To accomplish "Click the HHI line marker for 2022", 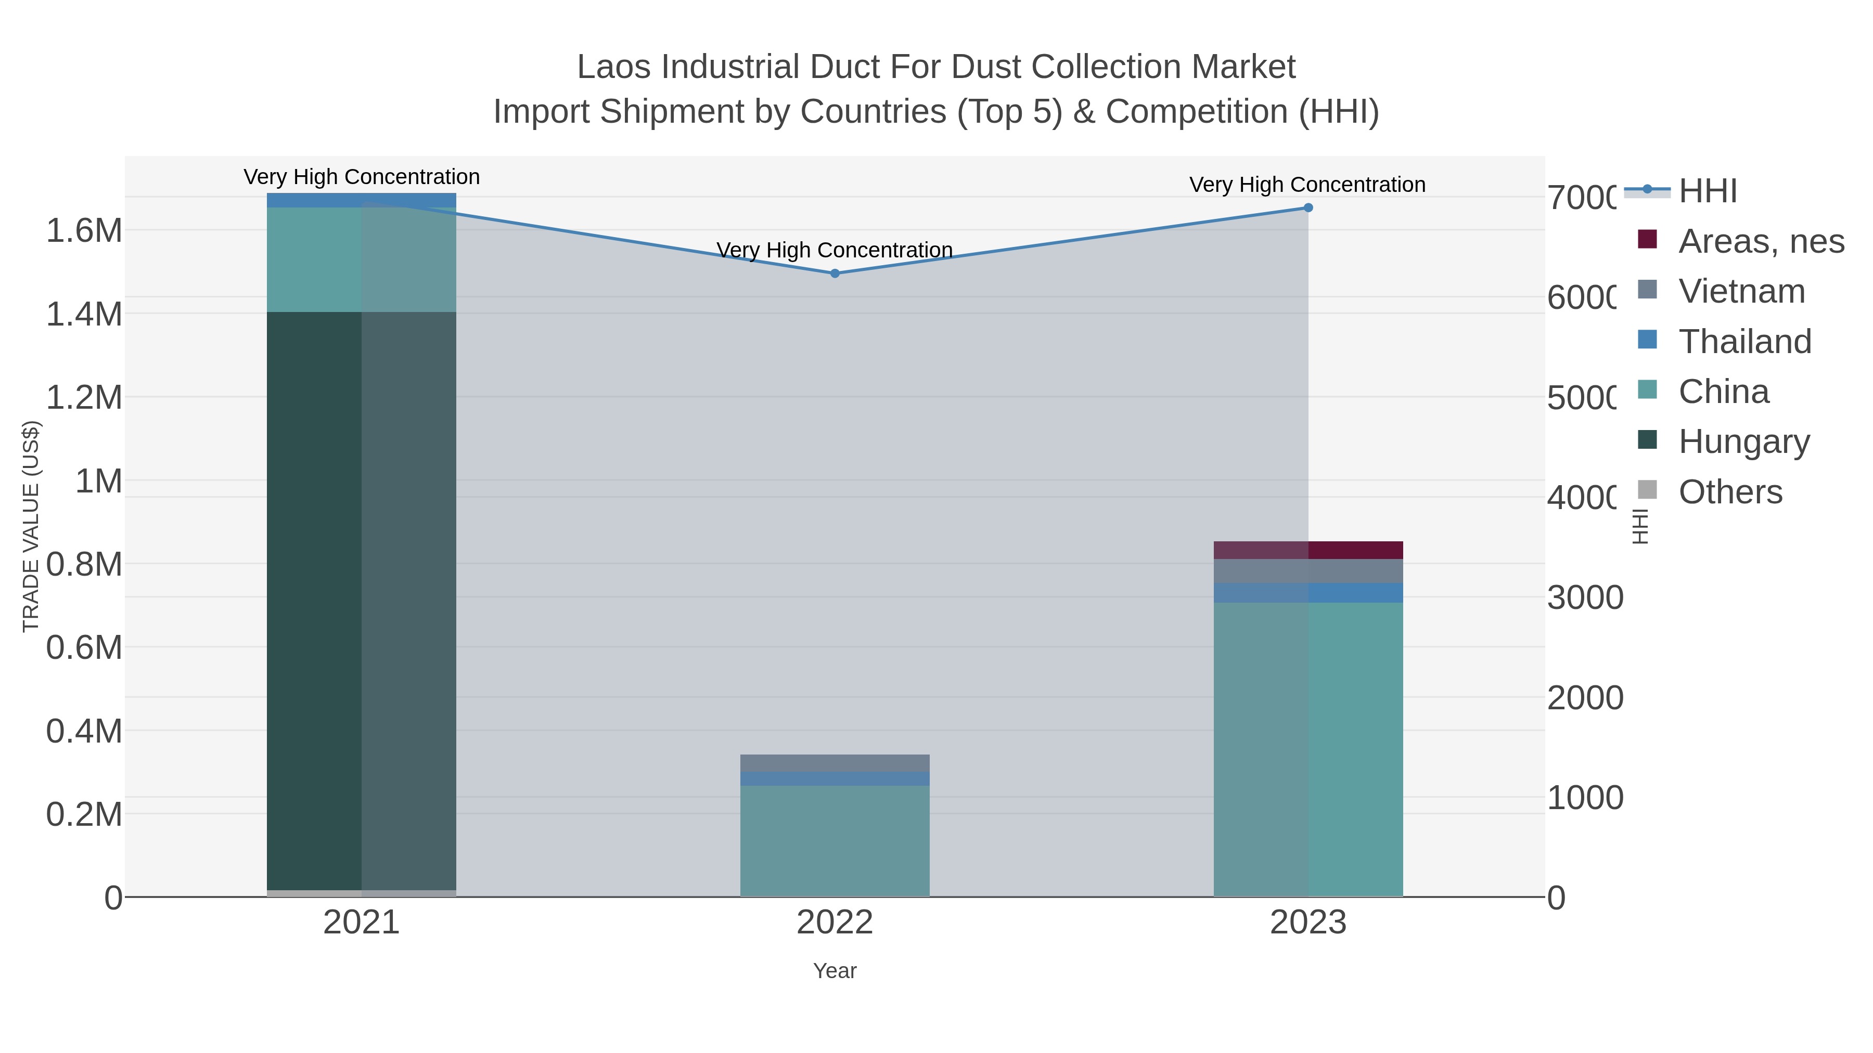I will point(835,273).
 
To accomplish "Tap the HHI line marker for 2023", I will point(1308,208).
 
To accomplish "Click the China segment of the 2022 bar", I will point(835,841).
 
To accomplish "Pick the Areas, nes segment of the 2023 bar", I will point(1308,550).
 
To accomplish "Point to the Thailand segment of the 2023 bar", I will point(1308,593).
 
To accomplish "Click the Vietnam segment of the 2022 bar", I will point(835,763).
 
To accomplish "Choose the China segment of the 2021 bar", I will point(362,259).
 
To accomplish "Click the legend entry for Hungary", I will point(1743,442).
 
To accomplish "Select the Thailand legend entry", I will point(1744,342).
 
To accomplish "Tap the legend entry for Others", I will point(1730,492).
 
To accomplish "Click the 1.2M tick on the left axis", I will point(84,397).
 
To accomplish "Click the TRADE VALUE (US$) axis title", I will point(31,526).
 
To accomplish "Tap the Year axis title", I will point(835,971).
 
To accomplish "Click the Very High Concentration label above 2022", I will point(835,250).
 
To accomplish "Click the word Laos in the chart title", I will point(614,67).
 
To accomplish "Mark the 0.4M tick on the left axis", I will point(84,731).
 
